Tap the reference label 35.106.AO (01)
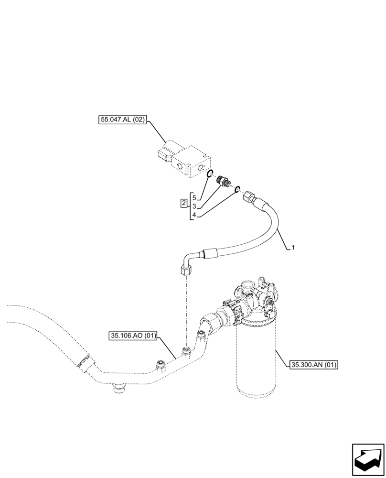[x=133, y=336]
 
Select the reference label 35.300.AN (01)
[x=314, y=365]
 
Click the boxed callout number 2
[x=184, y=204]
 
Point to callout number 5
[x=193, y=197]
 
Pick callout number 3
[x=193, y=206]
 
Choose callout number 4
[x=193, y=216]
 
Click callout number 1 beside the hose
[x=293, y=248]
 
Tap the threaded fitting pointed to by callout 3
[x=222, y=181]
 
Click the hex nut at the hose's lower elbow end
[x=185, y=271]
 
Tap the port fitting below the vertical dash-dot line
[x=186, y=353]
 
